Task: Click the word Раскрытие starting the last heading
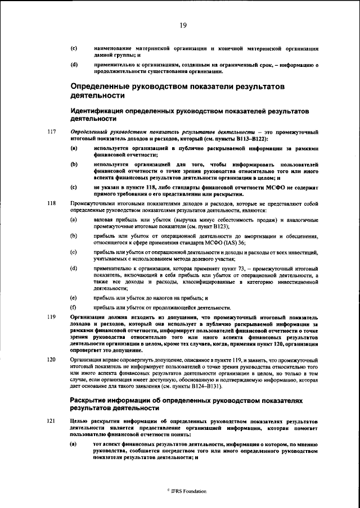click(x=92, y=401)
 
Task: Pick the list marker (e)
click(x=73, y=297)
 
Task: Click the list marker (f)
click(x=73, y=307)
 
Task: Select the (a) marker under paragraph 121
click(x=73, y=444)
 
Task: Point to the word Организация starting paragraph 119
click(x=89, y=318)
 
